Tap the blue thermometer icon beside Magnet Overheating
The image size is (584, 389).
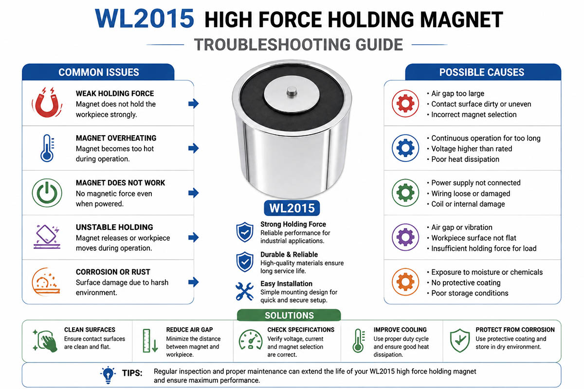click(x=47, y=148)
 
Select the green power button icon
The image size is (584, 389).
click(x=47, y=193)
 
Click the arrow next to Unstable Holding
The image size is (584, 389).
click(x=194, y=237)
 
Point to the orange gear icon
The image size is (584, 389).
click(x=405, y=282)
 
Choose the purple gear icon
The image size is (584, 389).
click(x=405, y=237)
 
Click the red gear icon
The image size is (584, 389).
click(x=405, y=104)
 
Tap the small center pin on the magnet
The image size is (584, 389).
click(x=292, y=92)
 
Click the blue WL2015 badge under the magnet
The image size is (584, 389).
click(x=292, y=208)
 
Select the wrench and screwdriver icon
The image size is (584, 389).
click(x=244, y=291)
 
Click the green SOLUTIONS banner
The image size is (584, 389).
click(x=289, y=315)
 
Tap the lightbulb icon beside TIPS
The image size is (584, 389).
click(x=108, y=375)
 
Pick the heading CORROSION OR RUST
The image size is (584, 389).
click(x=113, y=272)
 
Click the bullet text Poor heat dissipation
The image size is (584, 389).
click(x=465, y=159)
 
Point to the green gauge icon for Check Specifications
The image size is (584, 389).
click(x=251, y=340)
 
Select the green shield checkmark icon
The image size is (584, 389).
click(x=460, y=340)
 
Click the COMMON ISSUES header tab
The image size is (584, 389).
click(x=98, y=72)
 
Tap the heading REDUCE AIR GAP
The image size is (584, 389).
click(x=189, y=330)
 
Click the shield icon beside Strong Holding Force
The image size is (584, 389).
click(x=244, y=232)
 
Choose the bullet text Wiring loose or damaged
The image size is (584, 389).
click(x=471, y=194)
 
